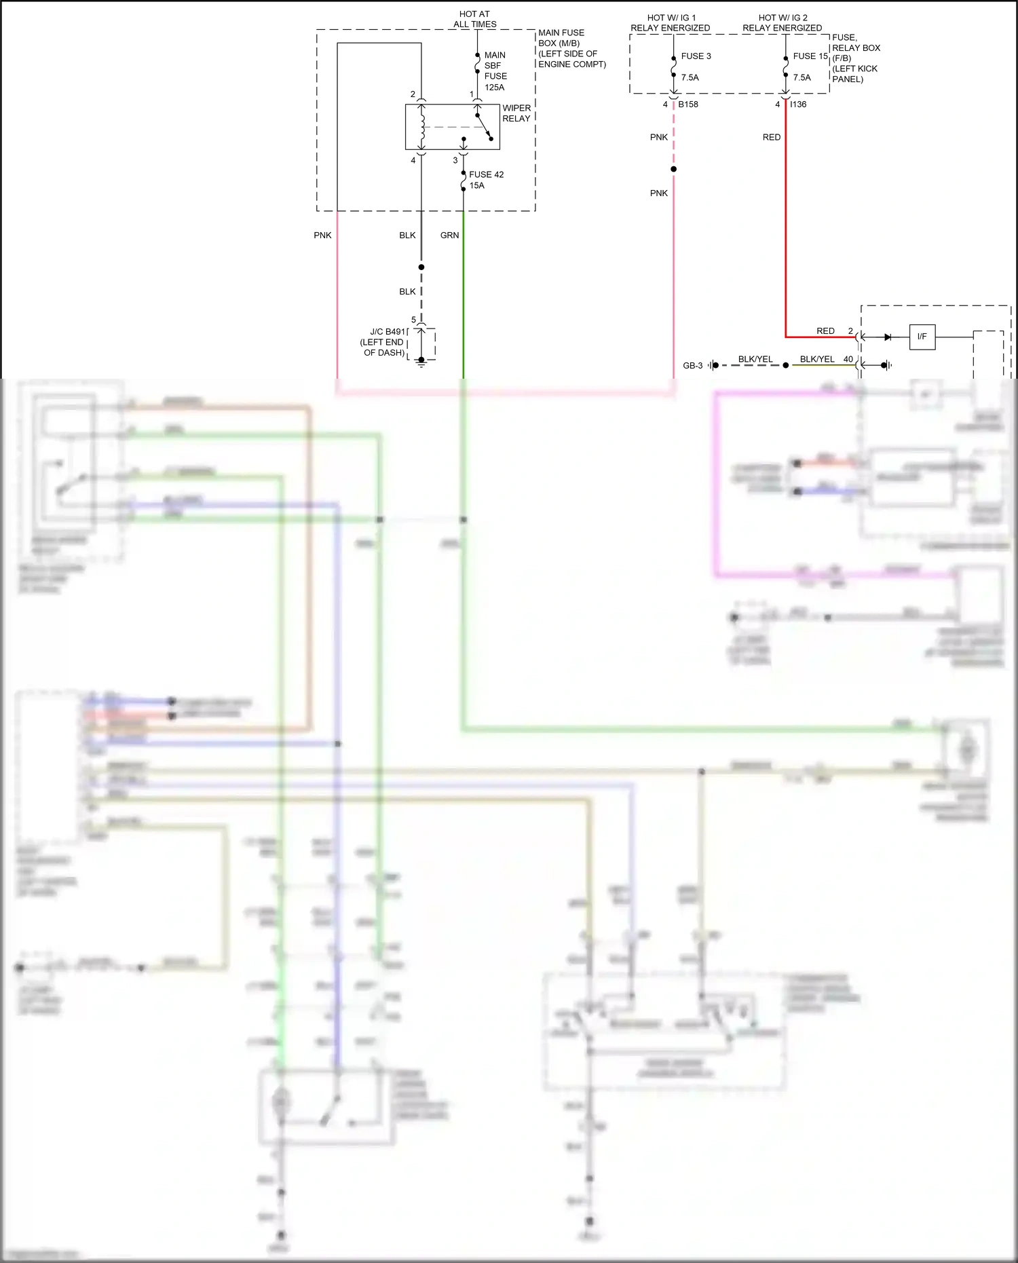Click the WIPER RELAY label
516,113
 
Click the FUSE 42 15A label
486,180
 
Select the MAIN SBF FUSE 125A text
495,71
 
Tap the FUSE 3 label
696,56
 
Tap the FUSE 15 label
810,56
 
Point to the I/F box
922,337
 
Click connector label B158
687,105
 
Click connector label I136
799,105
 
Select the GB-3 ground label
692,366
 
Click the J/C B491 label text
388,332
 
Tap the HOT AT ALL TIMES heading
474,19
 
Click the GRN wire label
449,235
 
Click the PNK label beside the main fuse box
322,235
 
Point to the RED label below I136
771,137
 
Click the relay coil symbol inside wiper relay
421,126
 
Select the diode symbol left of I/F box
887,337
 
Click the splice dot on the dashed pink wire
673,169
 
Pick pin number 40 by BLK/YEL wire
848,359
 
